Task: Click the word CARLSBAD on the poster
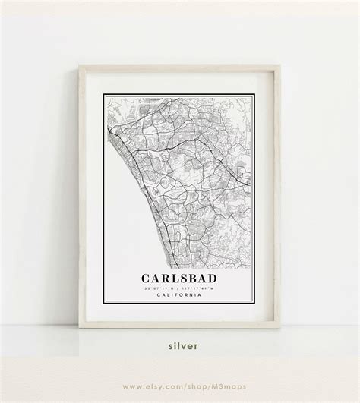[x=180, y=279]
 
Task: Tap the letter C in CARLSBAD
[x=142, y=279]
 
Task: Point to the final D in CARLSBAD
[x=218, y=279]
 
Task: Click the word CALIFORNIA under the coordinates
[x=180, y=295]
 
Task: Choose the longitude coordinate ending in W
[x=200, y=288]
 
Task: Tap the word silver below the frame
[x=180, y=345]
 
